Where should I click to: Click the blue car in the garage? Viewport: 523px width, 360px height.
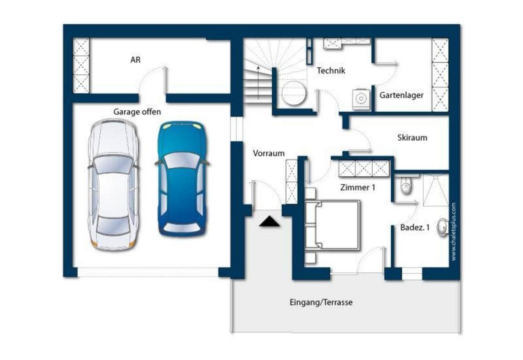click(182, 179)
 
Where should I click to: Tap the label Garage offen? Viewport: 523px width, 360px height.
click(137, 112)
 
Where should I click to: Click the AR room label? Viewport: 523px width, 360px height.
click(135, 60)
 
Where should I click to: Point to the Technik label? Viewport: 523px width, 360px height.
click(331, 71)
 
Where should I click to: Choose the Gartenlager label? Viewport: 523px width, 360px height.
click(401, 95)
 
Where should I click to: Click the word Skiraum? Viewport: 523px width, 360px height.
click(412, 138)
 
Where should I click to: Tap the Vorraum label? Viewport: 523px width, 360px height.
click(269, 153)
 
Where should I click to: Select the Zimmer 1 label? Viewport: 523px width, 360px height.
click(358, 187)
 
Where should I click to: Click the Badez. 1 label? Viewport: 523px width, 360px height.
click(415, 227)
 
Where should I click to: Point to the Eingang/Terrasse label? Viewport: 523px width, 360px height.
click(321, 303)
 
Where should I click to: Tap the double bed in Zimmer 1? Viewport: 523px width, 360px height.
click(332, 226)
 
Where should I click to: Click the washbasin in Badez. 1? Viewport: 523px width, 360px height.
click(442, 227)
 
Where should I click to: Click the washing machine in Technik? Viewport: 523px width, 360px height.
click(361, 99)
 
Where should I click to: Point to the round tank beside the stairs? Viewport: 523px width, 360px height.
click(294, 93)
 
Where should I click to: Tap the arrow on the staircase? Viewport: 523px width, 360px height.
click(258, 83)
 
